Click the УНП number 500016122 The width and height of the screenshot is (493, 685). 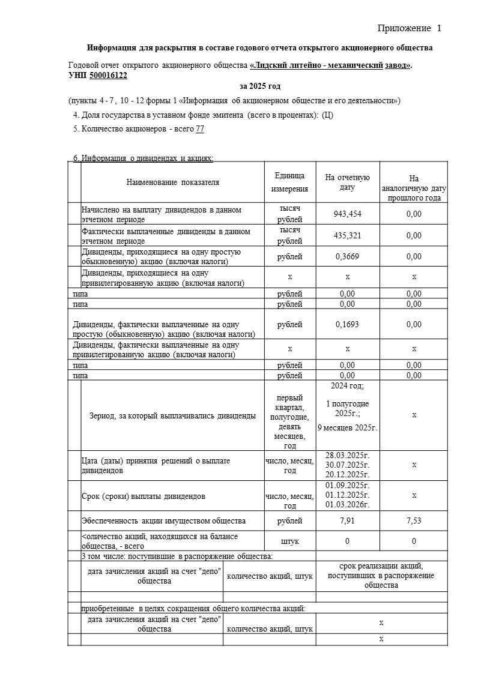(x=108, y=76)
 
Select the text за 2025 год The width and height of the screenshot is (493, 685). (x=247, y=86)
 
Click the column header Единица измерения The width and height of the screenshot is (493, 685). (x=289, y=182)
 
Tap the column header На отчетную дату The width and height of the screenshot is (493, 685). (x=347, y=182)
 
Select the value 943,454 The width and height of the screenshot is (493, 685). (x=347, y=214)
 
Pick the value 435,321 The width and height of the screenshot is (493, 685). (x=347, y=235)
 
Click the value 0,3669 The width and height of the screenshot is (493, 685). (x=347, y=256)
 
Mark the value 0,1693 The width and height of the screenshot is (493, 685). (x=347, y=324)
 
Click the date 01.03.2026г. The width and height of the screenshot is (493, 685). (x=347, y=505)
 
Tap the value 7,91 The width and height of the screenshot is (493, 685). (x=347, y=521)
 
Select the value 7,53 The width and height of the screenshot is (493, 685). (x=414, y=521)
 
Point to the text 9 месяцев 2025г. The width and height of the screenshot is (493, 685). (x=347, y=427)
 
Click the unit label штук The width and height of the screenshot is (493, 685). (x=289, y=541)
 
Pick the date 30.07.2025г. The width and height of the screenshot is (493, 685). (x=347, y=465)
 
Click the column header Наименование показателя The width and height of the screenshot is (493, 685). (x=173, y=182)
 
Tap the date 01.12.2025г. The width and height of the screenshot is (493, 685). (x=347, y=495)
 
